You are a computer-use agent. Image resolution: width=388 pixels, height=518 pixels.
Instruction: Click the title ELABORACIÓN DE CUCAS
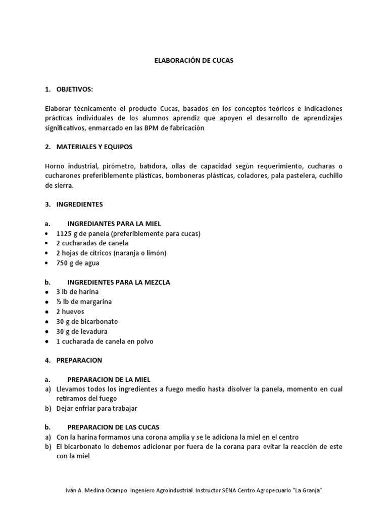[x=193, y=60]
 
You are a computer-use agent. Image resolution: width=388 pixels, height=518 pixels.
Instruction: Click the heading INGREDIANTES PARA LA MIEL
[x=114, y=224]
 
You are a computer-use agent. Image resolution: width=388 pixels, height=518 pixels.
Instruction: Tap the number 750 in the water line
[x=62, y=263]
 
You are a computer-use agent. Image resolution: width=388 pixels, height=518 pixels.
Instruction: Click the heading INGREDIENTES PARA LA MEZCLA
[x=119, y=282]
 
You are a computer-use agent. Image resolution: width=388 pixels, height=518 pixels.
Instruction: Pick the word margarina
[x=94, y=302]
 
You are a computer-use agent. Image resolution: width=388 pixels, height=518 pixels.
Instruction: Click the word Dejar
[x=66, y=408]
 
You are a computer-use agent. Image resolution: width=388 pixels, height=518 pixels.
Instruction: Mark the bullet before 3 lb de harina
[x=46, y=292]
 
